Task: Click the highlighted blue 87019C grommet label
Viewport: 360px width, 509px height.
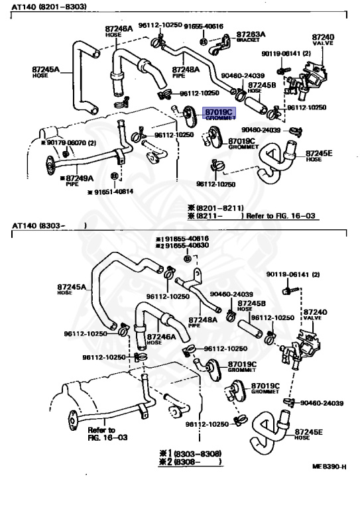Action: point(219,113)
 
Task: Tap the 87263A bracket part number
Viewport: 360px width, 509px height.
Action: point(251,34)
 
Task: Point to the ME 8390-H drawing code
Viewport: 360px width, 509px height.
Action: point(329,467)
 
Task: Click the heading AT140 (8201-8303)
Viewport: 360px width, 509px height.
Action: point(49,7)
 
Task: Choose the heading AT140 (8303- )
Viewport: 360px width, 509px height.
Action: point(49,225)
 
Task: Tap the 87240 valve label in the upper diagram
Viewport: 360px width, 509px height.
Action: point(323,39)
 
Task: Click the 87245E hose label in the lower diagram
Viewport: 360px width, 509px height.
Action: point(308,434)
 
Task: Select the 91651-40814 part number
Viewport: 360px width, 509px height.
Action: point(111,192)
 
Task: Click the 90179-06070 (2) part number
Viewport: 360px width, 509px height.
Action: point(68,143)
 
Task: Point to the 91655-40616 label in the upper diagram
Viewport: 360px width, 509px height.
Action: point(204,27)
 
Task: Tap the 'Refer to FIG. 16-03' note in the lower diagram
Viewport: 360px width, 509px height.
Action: point(108,433)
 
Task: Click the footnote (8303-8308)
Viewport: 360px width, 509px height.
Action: point(190,453)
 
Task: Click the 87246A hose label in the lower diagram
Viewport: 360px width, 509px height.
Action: point(161,339)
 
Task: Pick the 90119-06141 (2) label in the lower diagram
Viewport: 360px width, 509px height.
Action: point(293,274)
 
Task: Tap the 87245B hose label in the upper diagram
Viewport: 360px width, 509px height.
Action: point(262,87)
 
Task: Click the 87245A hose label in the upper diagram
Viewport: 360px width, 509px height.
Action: point(46,72)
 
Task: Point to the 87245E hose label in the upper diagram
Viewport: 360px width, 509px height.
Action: point(319,156)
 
